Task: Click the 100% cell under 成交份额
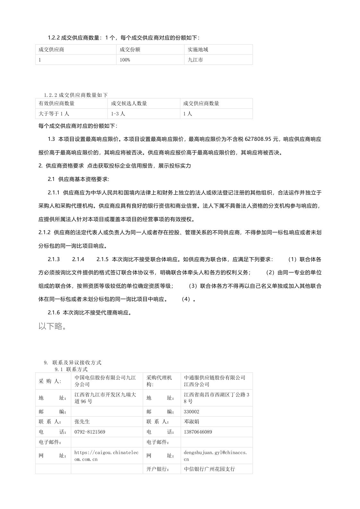[x=125, y=60]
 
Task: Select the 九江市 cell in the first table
[x=195, y=60]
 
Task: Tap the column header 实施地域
[x=198, y=49]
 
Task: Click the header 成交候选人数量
[x=129, y=103]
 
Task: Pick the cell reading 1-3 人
[x=118, y=114]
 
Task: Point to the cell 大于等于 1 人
[x=54, y=114]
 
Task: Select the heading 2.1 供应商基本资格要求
[x=79, y=179]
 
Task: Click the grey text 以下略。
[x=53, y=326]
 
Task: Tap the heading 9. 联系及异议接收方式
[x=73, y=362]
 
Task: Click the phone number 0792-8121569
[x=90, y=432]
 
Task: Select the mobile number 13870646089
[x=198, y=432]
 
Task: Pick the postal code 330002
[x=192, y=411]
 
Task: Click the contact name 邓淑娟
[x=192, y=421]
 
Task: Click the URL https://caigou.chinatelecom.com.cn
[x=107, y=456]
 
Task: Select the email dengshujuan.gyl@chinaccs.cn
[x=215, y=456]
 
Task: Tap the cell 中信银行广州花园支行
[x=210, y=469]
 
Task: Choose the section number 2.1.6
[x=54, y=312]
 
